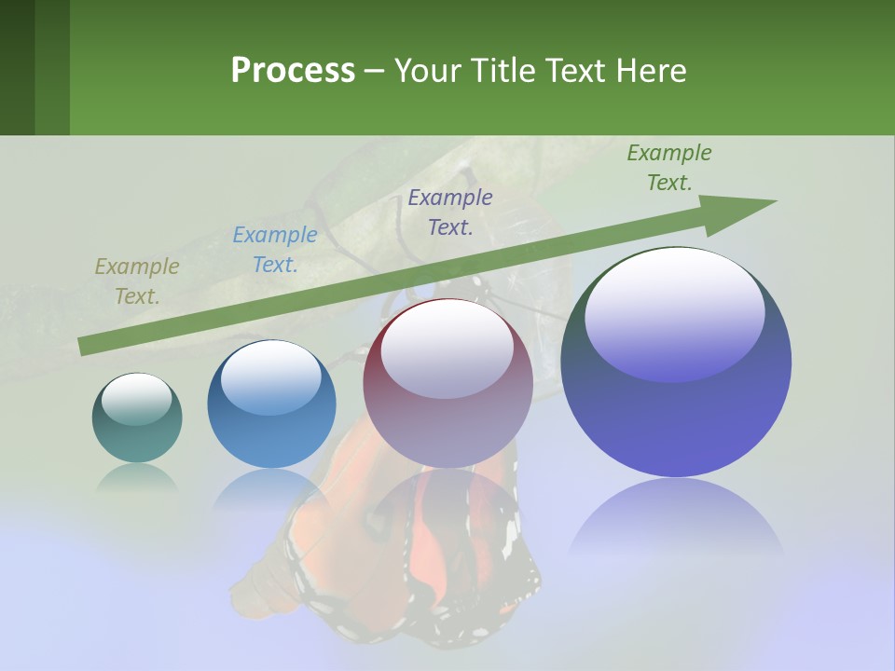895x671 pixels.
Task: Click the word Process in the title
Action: (293, 71)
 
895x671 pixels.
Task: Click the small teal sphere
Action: (137, 418)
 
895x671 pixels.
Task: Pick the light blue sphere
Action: (271, 404)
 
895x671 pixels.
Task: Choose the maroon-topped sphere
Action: (447, 383)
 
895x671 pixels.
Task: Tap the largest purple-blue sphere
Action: (676, 362)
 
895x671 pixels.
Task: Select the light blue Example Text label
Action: (275, 250)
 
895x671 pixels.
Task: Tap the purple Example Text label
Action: (450, 212)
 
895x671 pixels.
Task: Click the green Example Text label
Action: (669, 168)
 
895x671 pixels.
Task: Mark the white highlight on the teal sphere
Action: (136, 399)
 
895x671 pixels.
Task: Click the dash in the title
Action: (374, 71)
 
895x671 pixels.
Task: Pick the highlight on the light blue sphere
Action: (271, 377)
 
